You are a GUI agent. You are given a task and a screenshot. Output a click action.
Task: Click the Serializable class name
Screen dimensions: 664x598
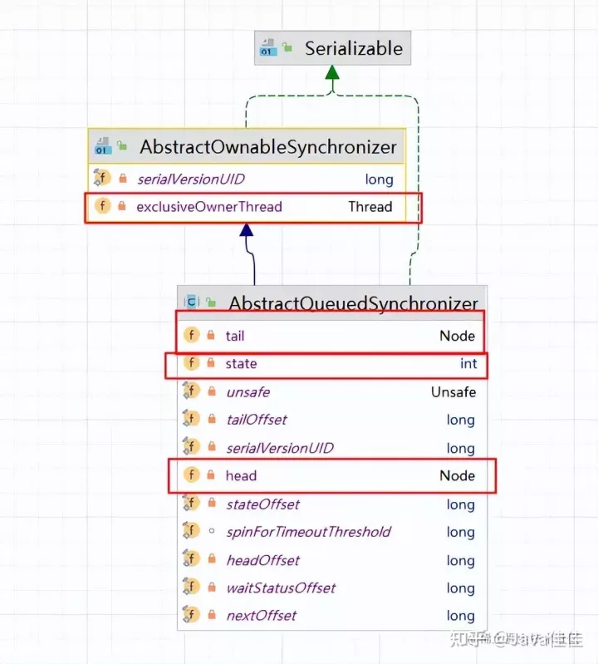click(353, 48)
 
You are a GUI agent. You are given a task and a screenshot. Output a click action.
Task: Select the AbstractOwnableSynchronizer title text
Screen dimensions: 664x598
click(268, 148)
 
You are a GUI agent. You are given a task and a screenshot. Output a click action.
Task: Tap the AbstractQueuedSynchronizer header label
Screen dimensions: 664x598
click(354, 304)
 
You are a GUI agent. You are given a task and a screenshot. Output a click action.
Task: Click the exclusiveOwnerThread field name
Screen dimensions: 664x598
click(209, 206)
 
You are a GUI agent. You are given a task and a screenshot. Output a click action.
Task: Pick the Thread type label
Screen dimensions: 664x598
click(370, 206)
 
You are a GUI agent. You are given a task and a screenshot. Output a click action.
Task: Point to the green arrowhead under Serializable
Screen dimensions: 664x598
click(332, 72)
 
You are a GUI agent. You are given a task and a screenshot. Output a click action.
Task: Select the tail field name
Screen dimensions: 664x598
click(235, 336)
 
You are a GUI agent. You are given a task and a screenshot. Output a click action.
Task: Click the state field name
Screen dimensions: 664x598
click(241, 363)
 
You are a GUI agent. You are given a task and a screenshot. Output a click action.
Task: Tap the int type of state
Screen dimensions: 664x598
click(468, 363)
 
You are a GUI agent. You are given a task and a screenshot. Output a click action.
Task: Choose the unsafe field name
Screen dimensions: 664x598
click(248, 391)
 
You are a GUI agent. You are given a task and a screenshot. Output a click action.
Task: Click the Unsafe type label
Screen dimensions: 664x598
click(453, 391)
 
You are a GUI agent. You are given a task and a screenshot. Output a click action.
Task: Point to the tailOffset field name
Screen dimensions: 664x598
click(257, 420)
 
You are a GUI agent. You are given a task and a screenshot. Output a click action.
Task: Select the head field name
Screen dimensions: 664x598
click(241, 475)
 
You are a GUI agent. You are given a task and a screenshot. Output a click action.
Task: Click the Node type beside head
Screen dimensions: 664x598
click(457, 475)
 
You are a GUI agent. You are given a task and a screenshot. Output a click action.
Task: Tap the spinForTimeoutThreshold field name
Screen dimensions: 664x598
click(308, 532)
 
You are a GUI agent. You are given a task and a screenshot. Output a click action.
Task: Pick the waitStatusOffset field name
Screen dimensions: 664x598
click(281, 588)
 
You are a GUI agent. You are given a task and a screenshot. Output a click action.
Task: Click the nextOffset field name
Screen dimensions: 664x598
click(261, 616)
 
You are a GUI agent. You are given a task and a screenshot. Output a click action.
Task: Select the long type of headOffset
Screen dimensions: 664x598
click(460, 560)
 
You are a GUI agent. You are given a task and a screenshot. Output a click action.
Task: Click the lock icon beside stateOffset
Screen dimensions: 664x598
click(210, 504)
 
